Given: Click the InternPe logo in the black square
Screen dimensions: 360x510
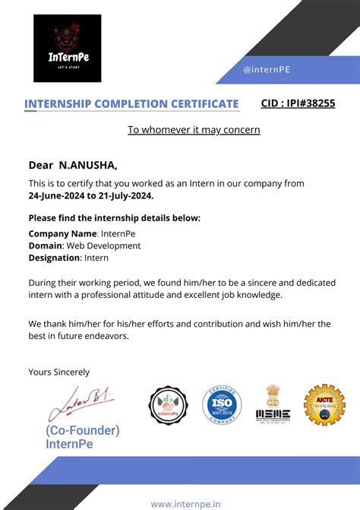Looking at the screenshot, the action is coord(67,48).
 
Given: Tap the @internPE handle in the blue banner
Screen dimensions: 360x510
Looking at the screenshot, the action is coord(267,70).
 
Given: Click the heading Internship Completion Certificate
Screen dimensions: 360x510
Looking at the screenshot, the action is coord(131,104).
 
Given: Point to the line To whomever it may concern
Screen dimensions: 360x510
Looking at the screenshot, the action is coord(194,130).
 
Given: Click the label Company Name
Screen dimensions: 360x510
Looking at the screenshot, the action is coord(62,234).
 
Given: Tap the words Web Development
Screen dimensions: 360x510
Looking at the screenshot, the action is coord(103,246).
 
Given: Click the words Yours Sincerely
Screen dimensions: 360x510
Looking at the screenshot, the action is coord(58,372).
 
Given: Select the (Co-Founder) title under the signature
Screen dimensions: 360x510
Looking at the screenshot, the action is coord(71,431).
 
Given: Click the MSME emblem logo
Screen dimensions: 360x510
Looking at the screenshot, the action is coord(273,403).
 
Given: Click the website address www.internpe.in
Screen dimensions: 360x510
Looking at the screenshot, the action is coord(186,503).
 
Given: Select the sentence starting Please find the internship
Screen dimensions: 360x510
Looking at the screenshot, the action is coord(114,218).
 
